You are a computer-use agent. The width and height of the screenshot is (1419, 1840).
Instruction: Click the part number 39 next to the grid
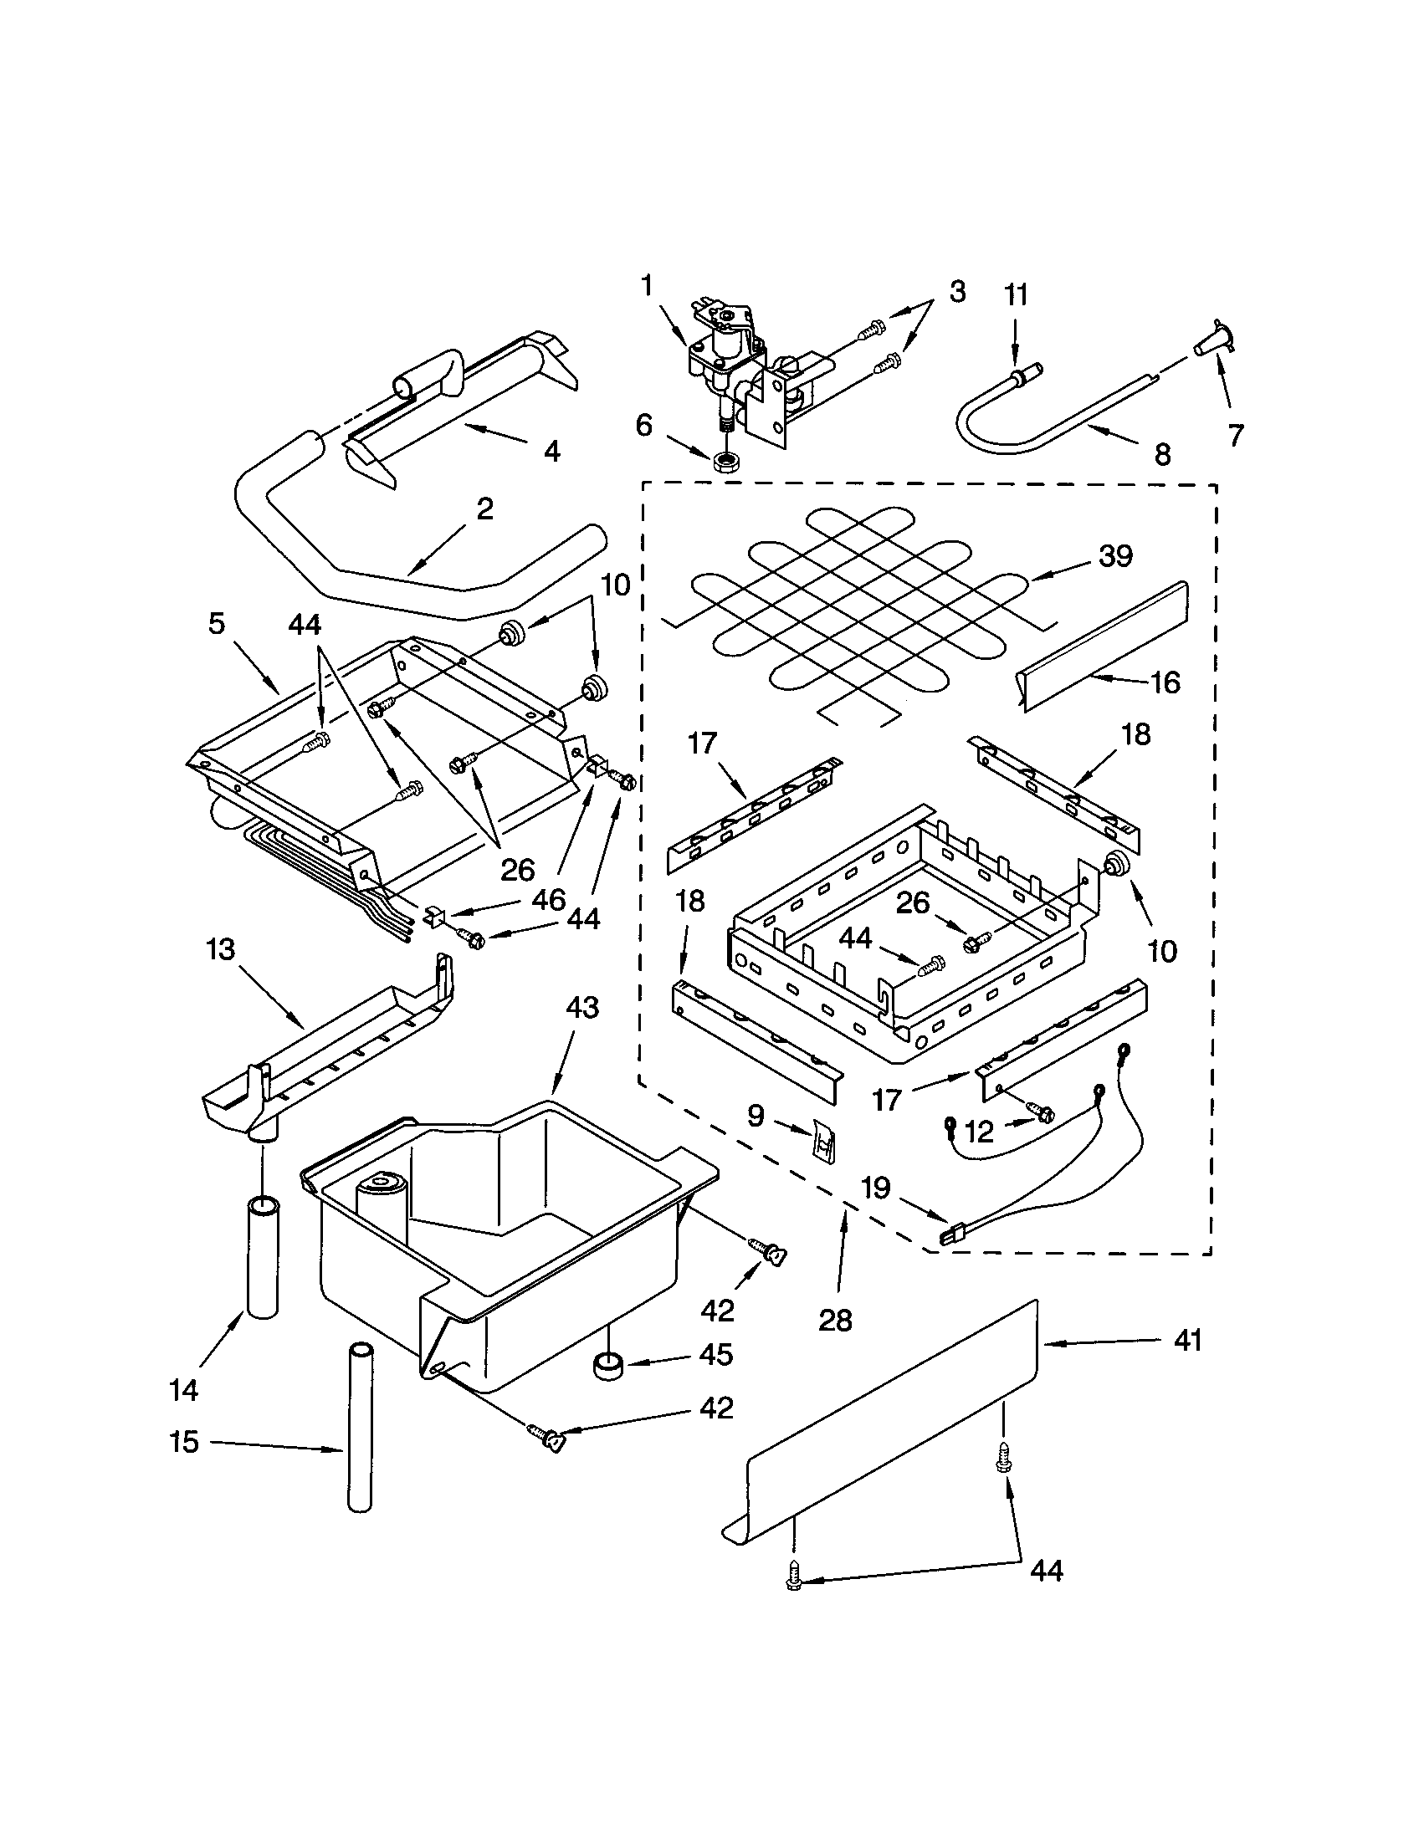coord(1114,557)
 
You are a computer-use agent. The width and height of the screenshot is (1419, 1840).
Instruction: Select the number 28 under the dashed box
coord(835,1320)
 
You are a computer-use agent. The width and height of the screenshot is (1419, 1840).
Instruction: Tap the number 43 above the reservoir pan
coord(581,1008)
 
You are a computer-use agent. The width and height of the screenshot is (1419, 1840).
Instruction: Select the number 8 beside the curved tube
coord(1162,455)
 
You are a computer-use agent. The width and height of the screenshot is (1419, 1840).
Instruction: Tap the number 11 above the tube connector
coord(1017,296)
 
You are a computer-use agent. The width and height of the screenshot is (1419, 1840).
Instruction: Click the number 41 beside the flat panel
coord(1187,1340)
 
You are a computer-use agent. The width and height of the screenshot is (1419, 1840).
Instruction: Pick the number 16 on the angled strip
coord(1165,682)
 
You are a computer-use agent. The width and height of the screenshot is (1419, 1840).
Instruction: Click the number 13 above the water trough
coord(221,950)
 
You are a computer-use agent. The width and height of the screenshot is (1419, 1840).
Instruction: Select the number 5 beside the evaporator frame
coord(218,624)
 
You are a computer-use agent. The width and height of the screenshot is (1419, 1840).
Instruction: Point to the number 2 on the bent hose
coord(484,509)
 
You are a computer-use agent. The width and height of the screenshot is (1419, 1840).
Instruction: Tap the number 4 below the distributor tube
coord(551,452)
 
